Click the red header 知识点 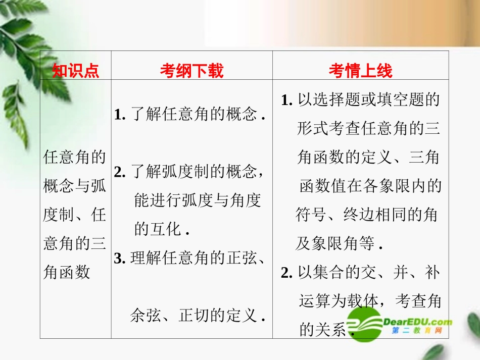(75, 71)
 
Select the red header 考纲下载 (191, 71)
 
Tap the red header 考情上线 (360, 71)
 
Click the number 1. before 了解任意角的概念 (120, 115)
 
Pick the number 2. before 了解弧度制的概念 (120, 172)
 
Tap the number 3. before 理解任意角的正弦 (120, 258)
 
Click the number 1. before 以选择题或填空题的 (287, 100)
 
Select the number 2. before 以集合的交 (287, 273)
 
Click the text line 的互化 (161, 230)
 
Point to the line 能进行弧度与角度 (197, 201)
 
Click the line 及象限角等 (338, 244)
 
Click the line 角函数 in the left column (67, 273)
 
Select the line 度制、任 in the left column (75, 216)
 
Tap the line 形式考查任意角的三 (369, 129)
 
